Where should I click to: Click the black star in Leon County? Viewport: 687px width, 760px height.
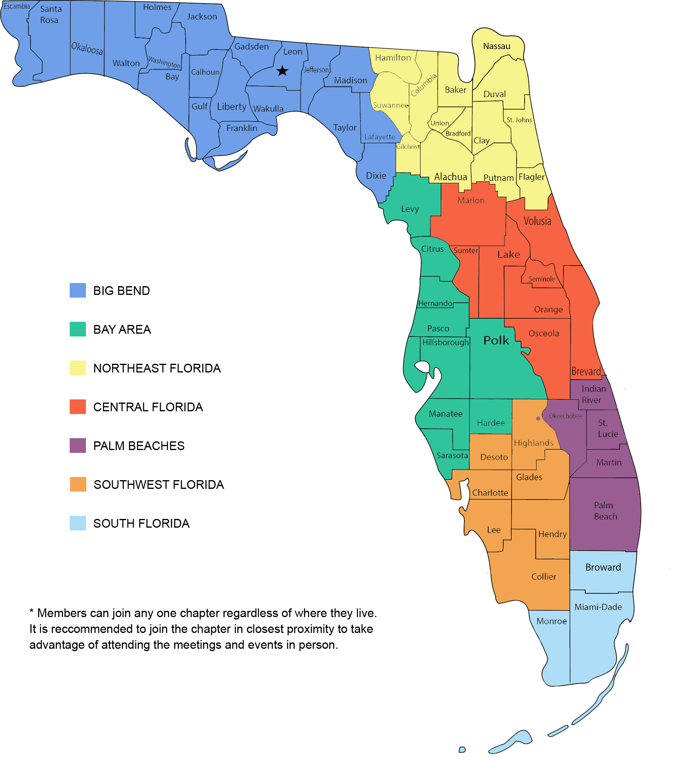pos(282,71)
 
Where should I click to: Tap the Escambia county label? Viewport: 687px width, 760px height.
pos(17,6)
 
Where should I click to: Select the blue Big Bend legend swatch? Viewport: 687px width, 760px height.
pos(78,290)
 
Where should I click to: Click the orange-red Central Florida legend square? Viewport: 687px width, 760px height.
pos(78,407)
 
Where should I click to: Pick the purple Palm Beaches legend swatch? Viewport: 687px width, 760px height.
pos(78,445)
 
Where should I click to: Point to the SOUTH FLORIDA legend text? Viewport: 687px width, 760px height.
pos(141,523)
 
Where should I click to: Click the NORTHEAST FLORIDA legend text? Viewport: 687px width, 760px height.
pos(157,368)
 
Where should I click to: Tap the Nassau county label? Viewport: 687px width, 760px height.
pos(497,46)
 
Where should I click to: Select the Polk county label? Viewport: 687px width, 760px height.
pos(496,340)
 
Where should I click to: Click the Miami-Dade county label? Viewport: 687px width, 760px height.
pos(598,607)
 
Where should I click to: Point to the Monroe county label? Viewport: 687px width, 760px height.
pos(552,621)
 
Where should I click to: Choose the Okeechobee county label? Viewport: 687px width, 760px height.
pos(565,416)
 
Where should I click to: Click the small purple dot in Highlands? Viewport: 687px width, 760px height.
pos(538,418)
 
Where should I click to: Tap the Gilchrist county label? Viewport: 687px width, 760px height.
pos(408,146)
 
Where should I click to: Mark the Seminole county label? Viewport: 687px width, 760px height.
pos(542,279)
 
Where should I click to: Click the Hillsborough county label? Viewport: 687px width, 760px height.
pos(445,342)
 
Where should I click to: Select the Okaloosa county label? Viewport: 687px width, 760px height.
pos(87,48)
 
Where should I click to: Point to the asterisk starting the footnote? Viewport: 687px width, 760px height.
pos(32,612)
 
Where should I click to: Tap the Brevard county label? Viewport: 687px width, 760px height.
pos(586,371)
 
